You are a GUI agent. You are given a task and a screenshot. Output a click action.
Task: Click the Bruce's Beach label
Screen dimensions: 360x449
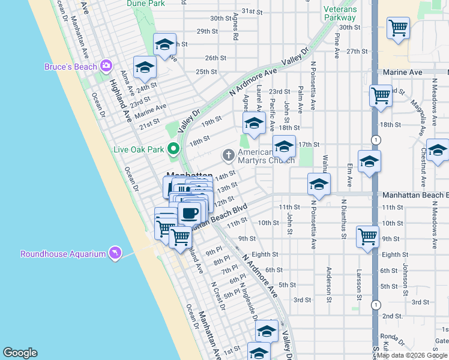(x=70, y=67)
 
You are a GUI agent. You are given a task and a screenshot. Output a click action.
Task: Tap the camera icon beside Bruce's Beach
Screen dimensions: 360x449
(x=106, y=65)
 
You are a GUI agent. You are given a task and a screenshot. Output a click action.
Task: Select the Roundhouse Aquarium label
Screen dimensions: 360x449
(x=63, y=254)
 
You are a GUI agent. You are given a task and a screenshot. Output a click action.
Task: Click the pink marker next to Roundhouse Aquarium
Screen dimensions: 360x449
(x=115, y=253)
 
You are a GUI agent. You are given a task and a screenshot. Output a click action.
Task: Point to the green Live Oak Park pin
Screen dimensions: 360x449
(x=174, y=148)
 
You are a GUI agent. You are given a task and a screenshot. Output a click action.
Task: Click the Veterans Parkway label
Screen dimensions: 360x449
(x=340, y=13)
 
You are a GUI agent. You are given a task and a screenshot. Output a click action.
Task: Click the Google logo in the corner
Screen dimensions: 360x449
(x=20, y=353)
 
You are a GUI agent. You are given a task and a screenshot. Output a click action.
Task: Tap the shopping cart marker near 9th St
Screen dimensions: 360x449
(x=367, y=235)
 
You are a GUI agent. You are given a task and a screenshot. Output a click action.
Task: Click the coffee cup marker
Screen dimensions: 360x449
(x=190, y=212)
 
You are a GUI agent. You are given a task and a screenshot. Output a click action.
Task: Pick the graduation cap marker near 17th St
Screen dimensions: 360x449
(x=284, y=146)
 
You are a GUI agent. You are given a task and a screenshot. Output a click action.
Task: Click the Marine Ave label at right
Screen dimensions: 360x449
(x=403, y=72)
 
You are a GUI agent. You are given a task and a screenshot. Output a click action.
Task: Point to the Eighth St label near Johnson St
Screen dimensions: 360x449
(x=394, y=255)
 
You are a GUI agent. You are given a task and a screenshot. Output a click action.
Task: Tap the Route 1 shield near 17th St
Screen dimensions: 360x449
(x=375, y=139)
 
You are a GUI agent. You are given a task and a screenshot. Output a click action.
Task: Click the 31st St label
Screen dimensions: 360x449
(x=252, y=11)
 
